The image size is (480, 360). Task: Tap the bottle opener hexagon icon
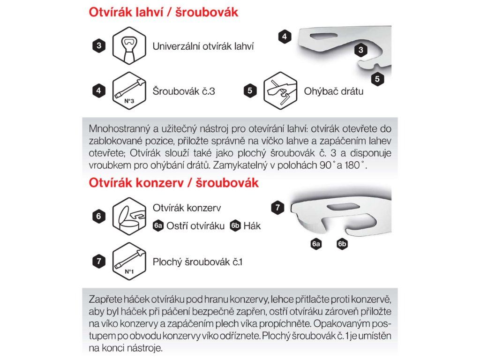coord(129,46)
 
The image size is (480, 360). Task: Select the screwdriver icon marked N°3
coord(129,91)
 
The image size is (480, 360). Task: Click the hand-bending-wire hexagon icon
coord(280,91)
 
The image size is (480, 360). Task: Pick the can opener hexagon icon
coord(129,216)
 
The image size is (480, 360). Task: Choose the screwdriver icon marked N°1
coord(129,262)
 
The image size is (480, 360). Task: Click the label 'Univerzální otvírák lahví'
coord(203,46)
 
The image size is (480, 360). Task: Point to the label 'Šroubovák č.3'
coord(184,91)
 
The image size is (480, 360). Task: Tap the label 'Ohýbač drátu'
coord(334,91)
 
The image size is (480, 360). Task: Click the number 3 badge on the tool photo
coord(361,50)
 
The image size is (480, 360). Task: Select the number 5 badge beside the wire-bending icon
coord(250,90)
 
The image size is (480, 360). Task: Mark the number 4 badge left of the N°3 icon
coord(98,90)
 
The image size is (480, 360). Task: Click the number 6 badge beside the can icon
coord(98,216)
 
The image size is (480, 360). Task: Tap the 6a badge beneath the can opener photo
coord(315,244)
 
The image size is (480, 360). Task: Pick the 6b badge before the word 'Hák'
coord(235,226)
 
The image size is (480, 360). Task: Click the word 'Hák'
coord(252,226)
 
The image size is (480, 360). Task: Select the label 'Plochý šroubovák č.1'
coord(197,262)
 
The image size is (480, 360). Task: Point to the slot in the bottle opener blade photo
coord(323,36)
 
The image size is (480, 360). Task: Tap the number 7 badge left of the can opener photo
coord(277,208)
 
